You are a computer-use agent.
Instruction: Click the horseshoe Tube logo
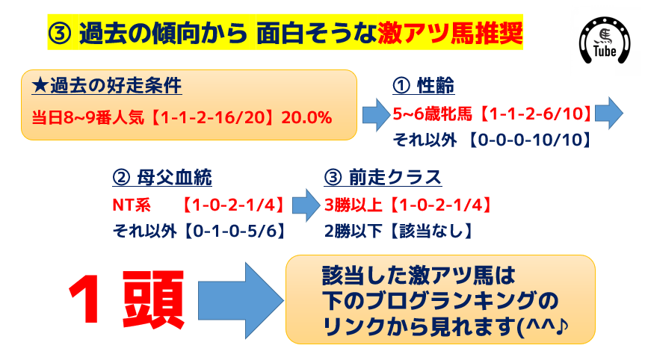pyautogui.click(x=605, y=40)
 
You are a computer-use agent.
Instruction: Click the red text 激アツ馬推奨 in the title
pyautogui.click(x=450, y=33)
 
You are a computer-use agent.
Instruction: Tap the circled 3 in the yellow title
pyautogui.click(x=60, y=34)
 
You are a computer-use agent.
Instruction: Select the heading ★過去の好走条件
pyautogui.click(x=107, y=86)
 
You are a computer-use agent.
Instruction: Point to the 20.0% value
pyautogui.click(x=306, y=118)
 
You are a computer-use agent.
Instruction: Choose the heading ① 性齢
pyautogui.click(x=423, y=85)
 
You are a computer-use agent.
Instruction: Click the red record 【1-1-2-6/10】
pyautogui.click(x=534, y=114)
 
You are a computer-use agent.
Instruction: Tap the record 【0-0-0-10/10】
pyautogui.click(x=529, y=140)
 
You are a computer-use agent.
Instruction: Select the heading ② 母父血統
pyautogui.click(x=162, y=178)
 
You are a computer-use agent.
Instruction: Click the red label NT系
pyautogui.click(x=132, y=205)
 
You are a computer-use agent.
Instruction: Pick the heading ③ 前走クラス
pyautogui.click(x=383, y=178)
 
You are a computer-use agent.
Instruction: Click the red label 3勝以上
pyautogui.click(x=354, y=205)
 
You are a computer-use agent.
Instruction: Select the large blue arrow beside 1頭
pyautogui.click(x=241, y=300)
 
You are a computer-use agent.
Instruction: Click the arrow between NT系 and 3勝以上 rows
pyautogui.click(x=306, y=205)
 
